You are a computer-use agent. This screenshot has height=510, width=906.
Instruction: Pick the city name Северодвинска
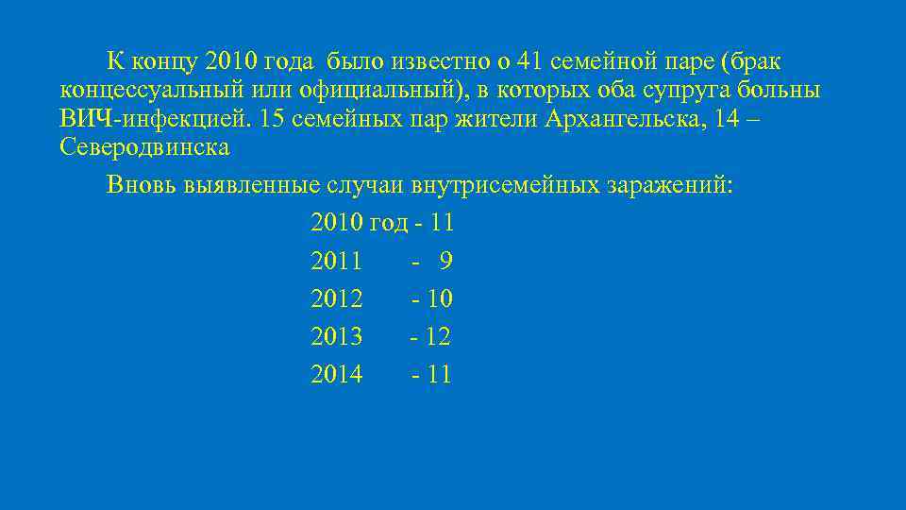pyautogui.click(x=143, y=148)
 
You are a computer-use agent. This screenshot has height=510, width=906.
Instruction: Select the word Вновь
pyautogui.click(x=137, y=184)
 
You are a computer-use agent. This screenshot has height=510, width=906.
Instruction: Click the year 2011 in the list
pyautogui.click(x=336, y=261)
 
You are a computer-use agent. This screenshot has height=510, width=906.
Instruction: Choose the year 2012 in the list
pyautogui.click(x=336, y=299)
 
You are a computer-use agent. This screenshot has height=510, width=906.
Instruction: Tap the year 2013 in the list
pyautogui.click(x=336, y=336)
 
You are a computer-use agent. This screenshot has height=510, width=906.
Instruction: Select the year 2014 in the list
pyautogui.click(x=336, y=375)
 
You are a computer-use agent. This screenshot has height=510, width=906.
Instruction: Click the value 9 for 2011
pyautogui.click(x=445, y=261)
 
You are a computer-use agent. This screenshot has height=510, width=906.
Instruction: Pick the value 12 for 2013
pyautogui.click(x=438, y=336)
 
